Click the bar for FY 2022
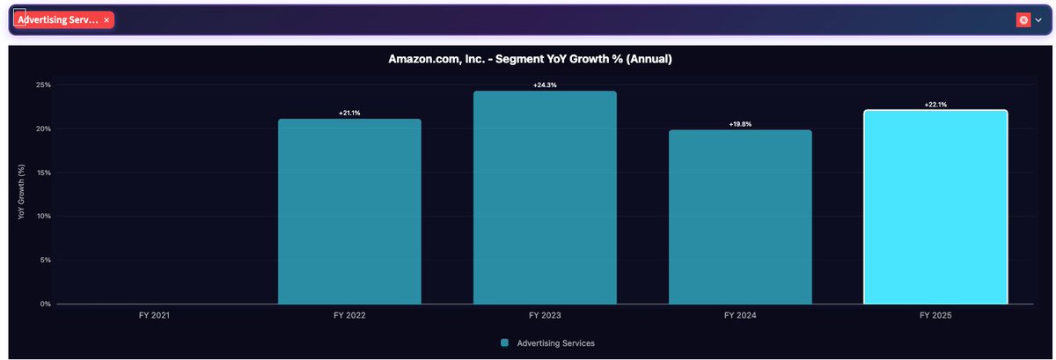pyautogui.click(x=349, y=211)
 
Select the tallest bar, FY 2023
pyautogui.click(x=545, y=198)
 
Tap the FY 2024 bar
pyautogui.click(x=740, y=217)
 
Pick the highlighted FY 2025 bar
pyautogui.click(x=935, y=207)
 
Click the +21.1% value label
pyautogui.click(x=349, y=114)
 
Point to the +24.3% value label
pyautogui.click(x=545, y=85)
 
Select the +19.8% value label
pyautogui.click(x=740, y=125)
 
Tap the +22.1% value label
pyautogui.click(x=935, y=105)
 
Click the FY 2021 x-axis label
pyautogui.click(x=154, y=314)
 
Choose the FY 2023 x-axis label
pyautogui.click(x=545, y=314)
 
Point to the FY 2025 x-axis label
pyautogui.click(x=935, y=314)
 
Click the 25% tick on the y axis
pyautogui.click(x=43, y=85)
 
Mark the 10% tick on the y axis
pyautogui.click(x=43, y=217)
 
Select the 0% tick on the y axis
pyautogui.click(x=45, y=304)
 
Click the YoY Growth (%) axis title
pyautogui.click(x=22, y=195)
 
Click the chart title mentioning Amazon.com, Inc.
pyautogui.click(x=531, y=60)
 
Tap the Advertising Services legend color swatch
pyautogui.click(x=505, y=342)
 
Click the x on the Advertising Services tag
pyautogui.click(x=106, y=19)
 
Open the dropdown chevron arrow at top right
pyautogui.click(x=1038, y=20)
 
